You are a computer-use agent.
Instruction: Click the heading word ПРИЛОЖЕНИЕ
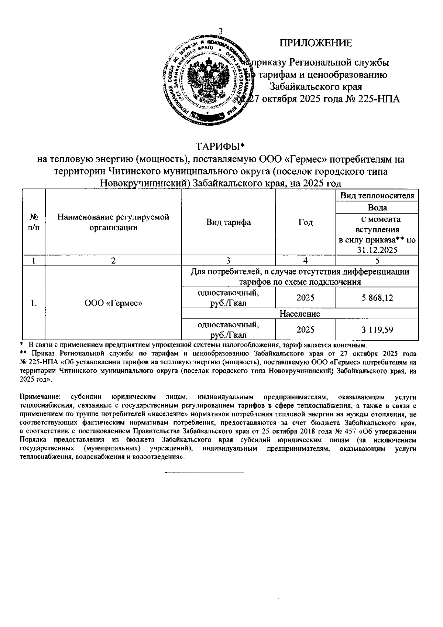point(316,44)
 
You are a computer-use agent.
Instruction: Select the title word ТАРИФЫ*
point(220,147)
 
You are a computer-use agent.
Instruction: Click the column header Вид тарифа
point(228,222)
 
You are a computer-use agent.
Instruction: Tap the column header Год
point(305,222)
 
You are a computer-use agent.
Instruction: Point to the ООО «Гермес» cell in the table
point(113,303)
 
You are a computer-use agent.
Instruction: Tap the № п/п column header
point(34,222)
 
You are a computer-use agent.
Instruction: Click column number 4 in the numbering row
point(305,260)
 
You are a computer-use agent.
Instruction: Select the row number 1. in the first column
point(34,303)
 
